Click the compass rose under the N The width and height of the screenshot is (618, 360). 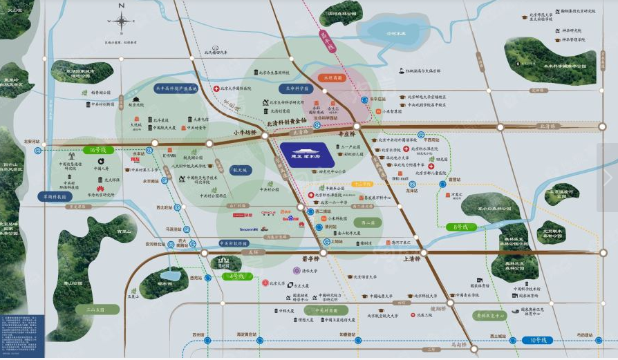tap(122, 21)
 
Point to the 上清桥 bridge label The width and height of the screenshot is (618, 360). tap(414, 259)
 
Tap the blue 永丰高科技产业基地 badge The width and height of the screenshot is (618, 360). tap(176, 89)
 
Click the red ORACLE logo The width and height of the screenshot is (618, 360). tap(269, 212)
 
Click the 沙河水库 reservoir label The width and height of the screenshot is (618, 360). tap(396, 33)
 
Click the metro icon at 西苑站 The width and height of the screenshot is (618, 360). tap(191, 278)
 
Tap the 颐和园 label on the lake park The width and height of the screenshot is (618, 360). tap(165, 283)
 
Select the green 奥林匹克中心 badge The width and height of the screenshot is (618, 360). tap(488, 315)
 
